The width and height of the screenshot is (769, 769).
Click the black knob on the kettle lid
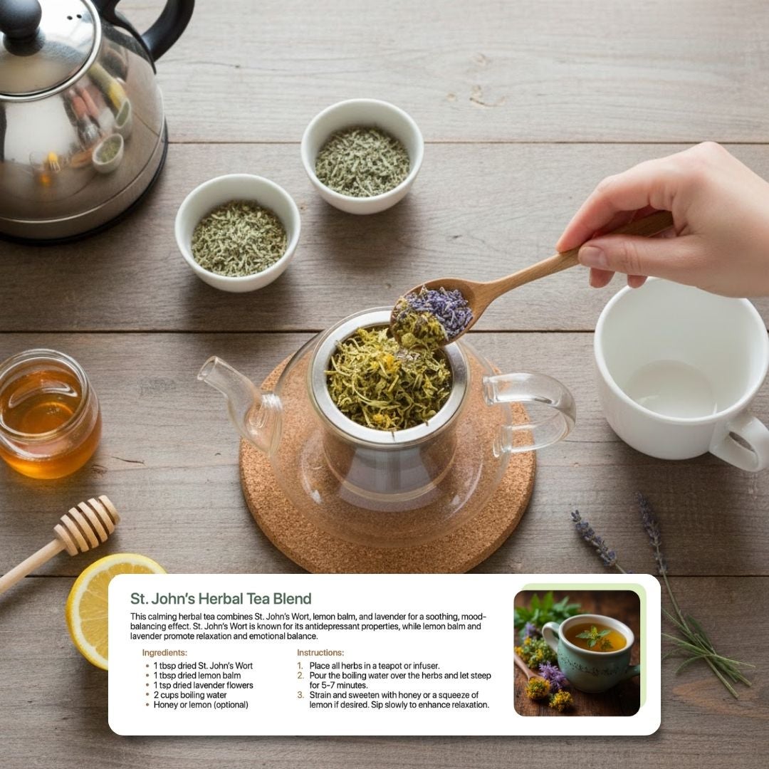coord(20,20)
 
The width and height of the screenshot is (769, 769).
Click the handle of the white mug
coord(741,442)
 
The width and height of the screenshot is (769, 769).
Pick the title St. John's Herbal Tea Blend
coord(221,599)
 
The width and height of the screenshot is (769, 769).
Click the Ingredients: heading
coord(164,653)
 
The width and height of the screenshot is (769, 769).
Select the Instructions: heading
coord(320,653)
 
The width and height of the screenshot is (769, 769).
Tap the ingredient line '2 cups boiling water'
coord(190,695)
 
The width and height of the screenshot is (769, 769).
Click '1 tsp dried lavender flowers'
coord(203,685)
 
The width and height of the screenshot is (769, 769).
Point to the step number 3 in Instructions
coord(300,695)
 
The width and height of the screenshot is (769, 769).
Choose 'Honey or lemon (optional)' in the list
coord(201,705)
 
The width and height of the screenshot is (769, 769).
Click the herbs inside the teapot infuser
coord(387,380)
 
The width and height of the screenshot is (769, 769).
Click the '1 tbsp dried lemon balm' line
coord(197,675)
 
